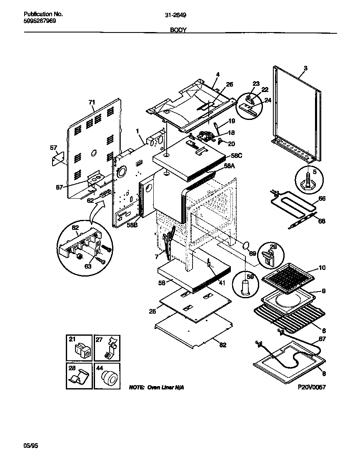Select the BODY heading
[x=178, y=30]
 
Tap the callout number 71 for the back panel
[x=92, y=102]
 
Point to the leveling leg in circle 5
[x=308, y=180]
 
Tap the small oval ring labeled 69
[x=246, y=244]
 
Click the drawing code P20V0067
[x=311, y=387]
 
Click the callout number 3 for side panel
[x=305, y=68]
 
